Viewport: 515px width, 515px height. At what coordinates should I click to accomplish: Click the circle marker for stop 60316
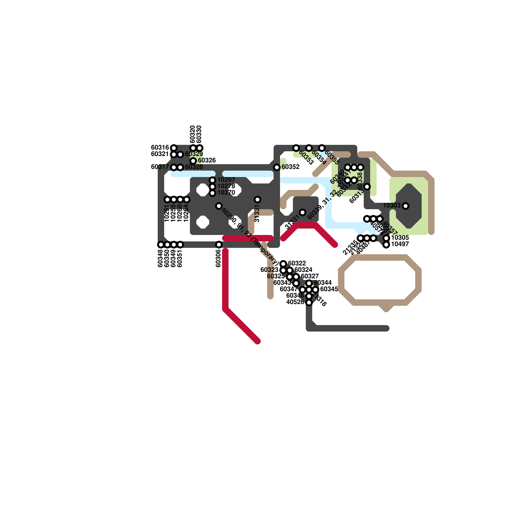click(174, 148)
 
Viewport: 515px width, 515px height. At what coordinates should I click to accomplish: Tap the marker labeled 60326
click(193, 161)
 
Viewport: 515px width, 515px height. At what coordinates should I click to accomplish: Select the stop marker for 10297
click(212, 180)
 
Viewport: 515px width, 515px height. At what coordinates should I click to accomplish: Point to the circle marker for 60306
click(219, 245)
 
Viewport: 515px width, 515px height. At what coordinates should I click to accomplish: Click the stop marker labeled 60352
click(277, 167)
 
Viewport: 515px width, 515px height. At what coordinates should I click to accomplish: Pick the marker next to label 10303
click(406, 206)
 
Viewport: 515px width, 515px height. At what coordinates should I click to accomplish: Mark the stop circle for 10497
click(386, 245)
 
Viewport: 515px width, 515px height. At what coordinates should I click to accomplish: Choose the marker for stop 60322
click(283, 264)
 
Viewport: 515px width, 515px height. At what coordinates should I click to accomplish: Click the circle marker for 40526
click(309, 303)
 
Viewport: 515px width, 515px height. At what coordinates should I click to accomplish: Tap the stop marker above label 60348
click(161, 245)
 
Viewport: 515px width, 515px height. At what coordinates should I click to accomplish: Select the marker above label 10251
click(167, 200)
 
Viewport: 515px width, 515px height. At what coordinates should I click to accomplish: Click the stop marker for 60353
click(296, 148)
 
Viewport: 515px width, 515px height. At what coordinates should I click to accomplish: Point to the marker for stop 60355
click(322, 148)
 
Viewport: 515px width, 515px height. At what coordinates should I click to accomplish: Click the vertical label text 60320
click(192, 134)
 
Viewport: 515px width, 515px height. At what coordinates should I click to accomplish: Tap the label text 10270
click(226, 193)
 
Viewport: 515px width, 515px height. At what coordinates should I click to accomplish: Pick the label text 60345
click(329, 289)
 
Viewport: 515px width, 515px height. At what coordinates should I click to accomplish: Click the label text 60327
click(310, 276)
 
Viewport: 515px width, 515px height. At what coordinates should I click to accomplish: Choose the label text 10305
click(400, 238)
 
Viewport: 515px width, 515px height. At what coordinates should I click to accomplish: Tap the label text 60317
click(160, 167)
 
